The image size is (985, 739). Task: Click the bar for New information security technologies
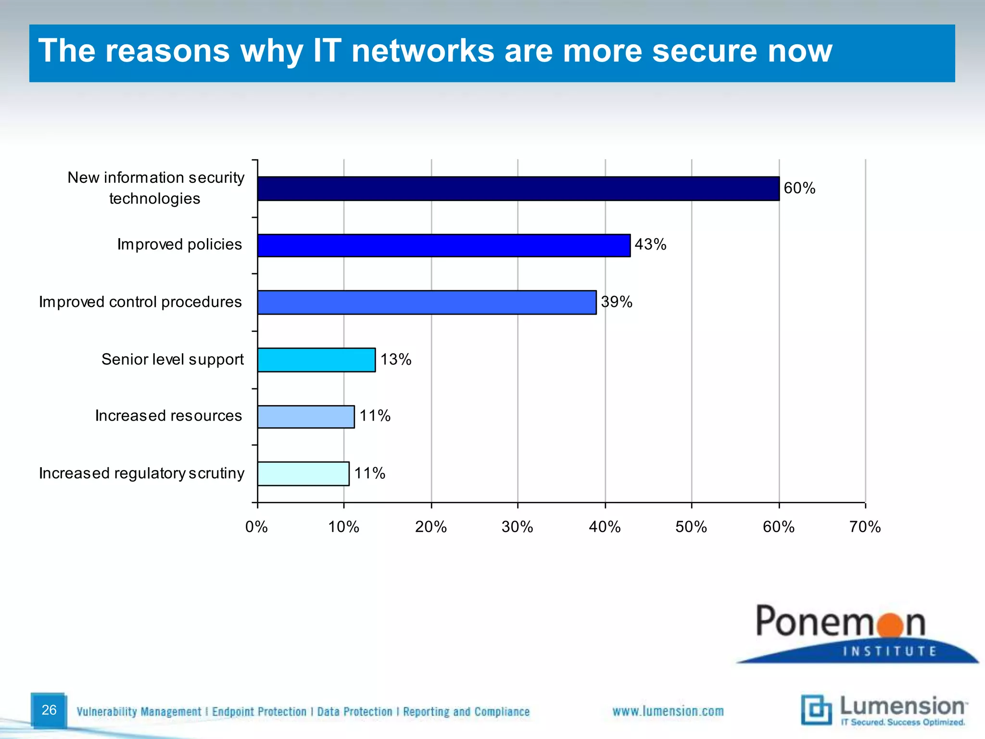tap(518, 189)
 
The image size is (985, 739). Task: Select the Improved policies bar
tap(443, 245)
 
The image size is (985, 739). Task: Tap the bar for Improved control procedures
tap(427, 302)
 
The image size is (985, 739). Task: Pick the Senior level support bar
tap(316, 360)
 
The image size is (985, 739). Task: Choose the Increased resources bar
tap(306, 417)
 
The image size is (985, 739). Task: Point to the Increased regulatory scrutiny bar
tap(303, 474)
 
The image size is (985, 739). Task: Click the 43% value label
tap(650, 244)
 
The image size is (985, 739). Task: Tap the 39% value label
tap(617, 302)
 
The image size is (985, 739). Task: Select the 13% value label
tap(396, 359)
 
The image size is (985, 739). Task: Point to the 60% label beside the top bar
tap(799, 188)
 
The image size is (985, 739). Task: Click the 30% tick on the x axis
tap(518, 527)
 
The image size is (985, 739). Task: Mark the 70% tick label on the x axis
tap(865, 527)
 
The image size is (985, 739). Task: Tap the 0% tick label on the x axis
tap(256, 527)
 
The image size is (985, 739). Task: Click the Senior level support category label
tap(173, 359)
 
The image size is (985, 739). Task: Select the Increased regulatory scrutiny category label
tap(141, 473)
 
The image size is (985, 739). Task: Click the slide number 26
tap(49, 710)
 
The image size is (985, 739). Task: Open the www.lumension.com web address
tap(668, 711)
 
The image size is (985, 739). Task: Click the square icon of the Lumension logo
tap(816, 710)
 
